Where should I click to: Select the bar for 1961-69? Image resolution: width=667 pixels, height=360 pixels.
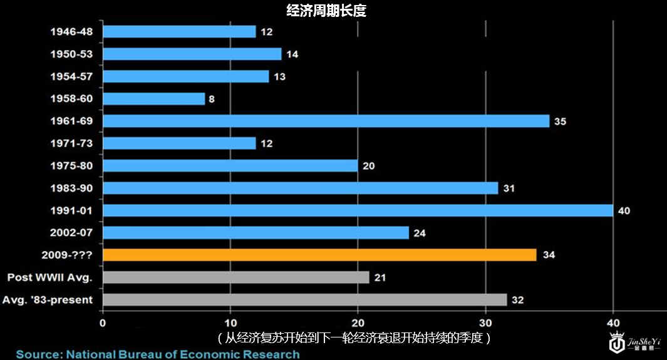pyautogui.click(x=326, y=121)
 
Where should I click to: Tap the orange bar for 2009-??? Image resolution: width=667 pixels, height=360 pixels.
pyautogui.click(x=319, y=255)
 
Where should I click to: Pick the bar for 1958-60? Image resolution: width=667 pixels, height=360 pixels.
pyautogui.click(x=153, y=99)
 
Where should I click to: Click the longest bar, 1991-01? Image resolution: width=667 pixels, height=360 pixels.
pyautogui.click(x=358, y=210)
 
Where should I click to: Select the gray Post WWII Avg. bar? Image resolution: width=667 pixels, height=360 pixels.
pyautogui.click(x=236, y=277)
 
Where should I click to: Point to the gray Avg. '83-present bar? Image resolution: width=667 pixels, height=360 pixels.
pyautogui.click(x=304, y=300)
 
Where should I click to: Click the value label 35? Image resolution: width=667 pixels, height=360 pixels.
pyautogui.click(x=560, y=121)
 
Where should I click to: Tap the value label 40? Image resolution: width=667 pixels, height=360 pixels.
pyautogui.click(x=624, y=211)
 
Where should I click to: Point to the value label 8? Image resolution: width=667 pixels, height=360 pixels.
pyautogui.click(x=212, y=99)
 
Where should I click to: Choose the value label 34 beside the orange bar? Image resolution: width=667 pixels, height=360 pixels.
pyautogui.click(x=549, y=255)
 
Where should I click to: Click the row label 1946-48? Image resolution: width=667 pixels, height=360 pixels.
pyautogui.click(x=71, y=32)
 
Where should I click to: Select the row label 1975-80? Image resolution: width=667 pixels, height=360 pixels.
pyautogui.click(x=71, y=166)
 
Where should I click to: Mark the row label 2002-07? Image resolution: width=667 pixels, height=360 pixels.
pyautogui.click(x=71, y=233)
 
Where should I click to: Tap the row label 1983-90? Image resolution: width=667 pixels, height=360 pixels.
pyautogui.click(x=71, y=188)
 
